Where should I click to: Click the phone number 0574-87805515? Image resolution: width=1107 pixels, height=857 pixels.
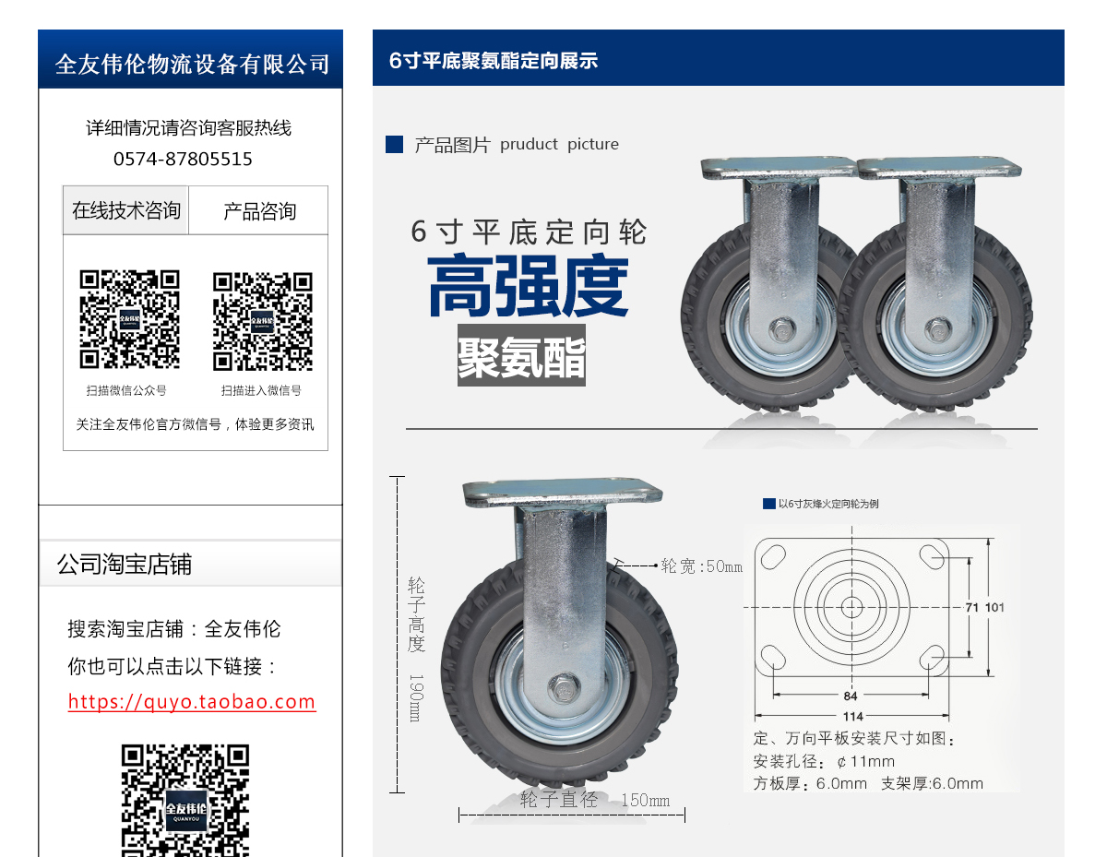[183, 159]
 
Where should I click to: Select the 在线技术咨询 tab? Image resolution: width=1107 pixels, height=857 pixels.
[126, 210]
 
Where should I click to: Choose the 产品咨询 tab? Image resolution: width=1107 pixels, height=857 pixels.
[259, 211]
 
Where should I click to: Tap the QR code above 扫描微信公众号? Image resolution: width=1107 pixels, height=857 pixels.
[129, 319]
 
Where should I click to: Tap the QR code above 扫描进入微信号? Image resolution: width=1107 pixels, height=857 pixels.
[262, 320]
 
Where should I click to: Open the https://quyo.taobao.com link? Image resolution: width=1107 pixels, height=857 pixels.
[192, 702]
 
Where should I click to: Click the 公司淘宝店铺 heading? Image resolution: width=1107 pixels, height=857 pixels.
[125, 565]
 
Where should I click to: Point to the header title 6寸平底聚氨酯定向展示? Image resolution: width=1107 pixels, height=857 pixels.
[494, 61]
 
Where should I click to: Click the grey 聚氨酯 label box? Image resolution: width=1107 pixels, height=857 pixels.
[521, 356]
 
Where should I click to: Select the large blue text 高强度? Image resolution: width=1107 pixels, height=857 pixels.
[528, 287]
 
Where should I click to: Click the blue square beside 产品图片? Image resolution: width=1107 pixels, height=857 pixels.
[395, 145]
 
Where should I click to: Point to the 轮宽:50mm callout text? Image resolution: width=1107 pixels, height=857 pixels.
[701, 566]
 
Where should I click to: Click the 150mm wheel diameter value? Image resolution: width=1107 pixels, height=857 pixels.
[646, 800]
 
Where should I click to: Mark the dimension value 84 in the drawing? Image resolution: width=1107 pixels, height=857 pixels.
[851, 696]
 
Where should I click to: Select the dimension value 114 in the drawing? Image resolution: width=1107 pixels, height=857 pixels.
[852, 717]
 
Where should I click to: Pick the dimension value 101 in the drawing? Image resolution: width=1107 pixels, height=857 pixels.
[994, 607]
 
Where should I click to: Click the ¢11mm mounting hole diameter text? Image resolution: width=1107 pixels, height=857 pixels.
[865, 762]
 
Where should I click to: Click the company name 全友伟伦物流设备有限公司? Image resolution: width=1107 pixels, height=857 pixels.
[192, 64]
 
